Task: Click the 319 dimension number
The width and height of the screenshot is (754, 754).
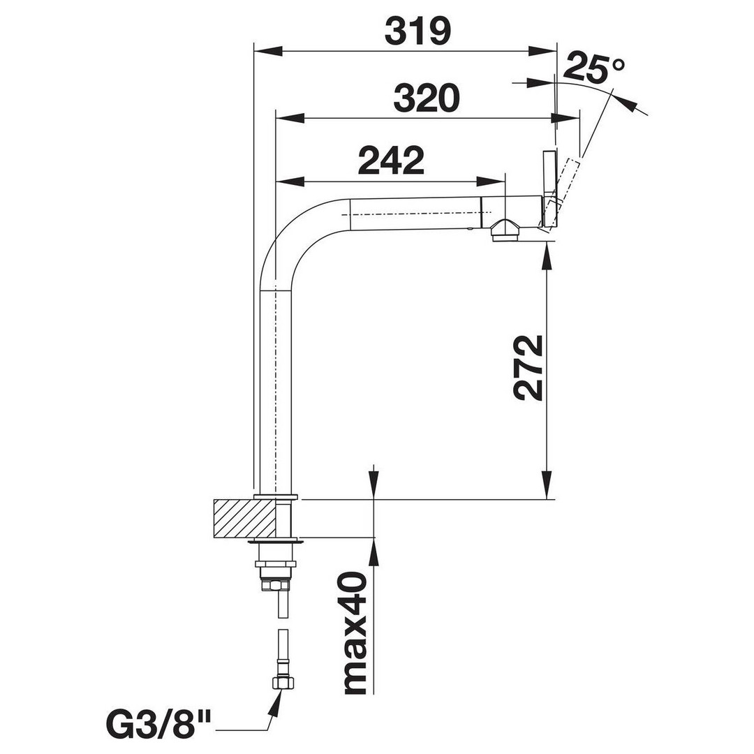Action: [418, 31]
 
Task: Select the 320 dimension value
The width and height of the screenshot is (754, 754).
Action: [427, 98]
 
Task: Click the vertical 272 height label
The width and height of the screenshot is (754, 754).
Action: [528, 368]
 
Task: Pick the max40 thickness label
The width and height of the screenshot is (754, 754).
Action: [356, 633]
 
